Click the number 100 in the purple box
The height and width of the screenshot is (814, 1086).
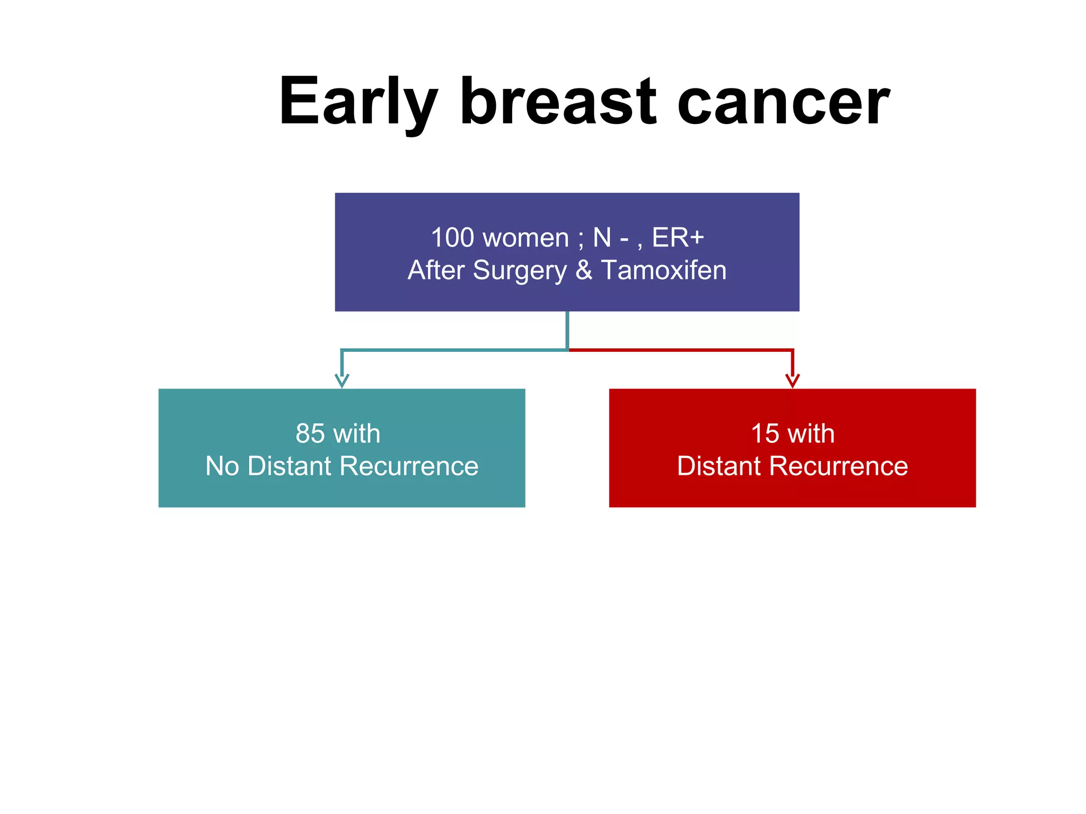(452, 237)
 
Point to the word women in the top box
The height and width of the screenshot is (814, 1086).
(526, 238)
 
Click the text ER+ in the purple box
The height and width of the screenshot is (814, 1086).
(678, 237)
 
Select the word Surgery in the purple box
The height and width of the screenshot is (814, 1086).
(519, 271)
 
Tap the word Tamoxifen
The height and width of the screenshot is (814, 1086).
(663, 270)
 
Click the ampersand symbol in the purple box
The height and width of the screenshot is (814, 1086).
(583, 270)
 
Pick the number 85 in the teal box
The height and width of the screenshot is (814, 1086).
(310, 433)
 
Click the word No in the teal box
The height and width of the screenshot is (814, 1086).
(222, 466)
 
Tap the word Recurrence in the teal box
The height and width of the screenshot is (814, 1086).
(409, 466)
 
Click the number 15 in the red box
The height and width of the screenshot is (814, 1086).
(765, 433)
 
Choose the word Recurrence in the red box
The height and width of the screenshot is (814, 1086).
(838, 466)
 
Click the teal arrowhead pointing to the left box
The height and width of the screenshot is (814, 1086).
(342, 381)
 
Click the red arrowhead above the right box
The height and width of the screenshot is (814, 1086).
(792, 381)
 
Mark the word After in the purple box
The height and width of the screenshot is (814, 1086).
(436, 270)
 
